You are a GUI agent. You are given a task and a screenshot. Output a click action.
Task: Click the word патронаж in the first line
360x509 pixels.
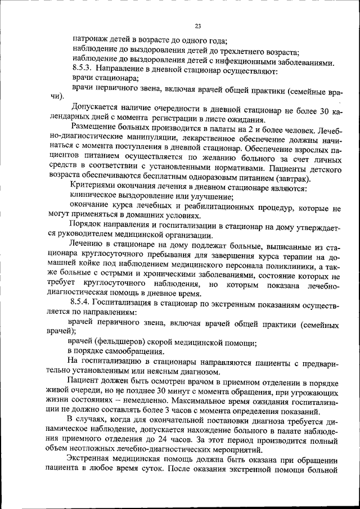90,40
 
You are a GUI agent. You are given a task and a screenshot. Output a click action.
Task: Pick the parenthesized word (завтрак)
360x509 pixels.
299,178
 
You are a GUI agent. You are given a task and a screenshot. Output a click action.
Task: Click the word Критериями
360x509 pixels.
94,187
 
